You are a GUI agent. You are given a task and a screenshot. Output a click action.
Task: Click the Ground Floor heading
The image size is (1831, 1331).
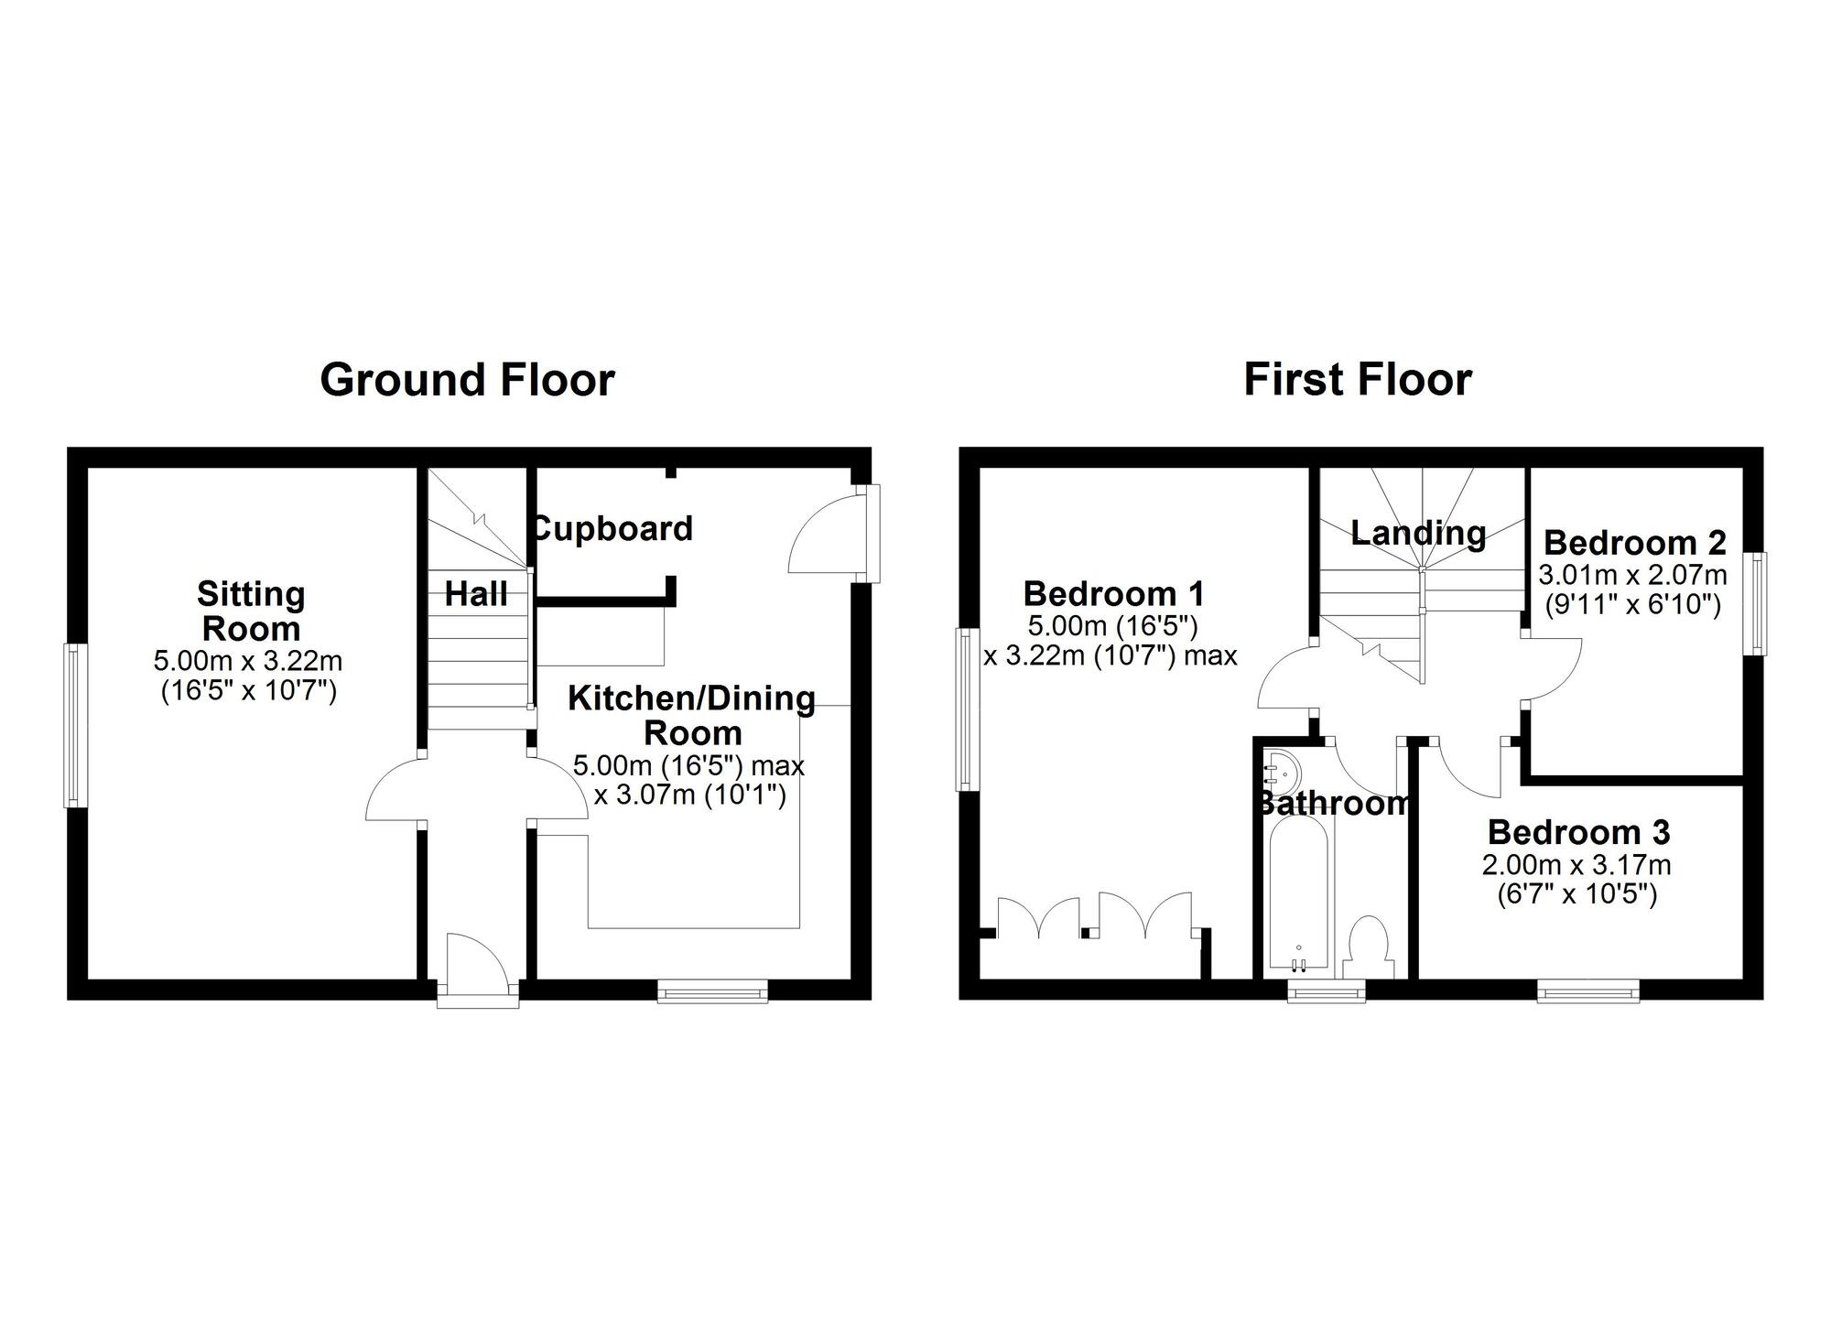pyautogui.click(x=467, y=380)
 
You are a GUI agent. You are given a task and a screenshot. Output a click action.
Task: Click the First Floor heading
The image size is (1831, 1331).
pyautogui.click(x=1357, y=380)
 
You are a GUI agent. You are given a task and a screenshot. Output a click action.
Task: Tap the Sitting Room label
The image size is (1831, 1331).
pyautogui.click(x=251, y=611)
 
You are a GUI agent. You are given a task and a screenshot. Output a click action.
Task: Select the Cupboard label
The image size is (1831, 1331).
pyautogui.click(x=612, y=529)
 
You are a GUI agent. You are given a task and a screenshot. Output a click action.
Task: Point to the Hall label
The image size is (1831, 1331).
pyautogui.click(x=476, y=594)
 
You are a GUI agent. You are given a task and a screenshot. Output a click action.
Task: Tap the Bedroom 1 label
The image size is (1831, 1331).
pyautogui.click(x=1113, y=594)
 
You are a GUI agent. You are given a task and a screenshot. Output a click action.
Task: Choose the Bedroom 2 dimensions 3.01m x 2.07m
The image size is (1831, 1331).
pyautogui.click(x=1633, y=576)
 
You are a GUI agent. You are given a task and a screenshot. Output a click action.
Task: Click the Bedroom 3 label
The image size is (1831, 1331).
pyautogui.click(x=1578, y=832)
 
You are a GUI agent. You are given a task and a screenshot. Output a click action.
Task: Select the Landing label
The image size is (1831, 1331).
pyautogui.click(x=1418, y=533)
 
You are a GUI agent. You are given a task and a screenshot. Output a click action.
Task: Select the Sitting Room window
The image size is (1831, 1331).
pyautogui.click(x=75, y=726)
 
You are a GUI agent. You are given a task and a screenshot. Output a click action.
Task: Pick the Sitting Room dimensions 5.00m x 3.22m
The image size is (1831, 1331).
pyautogui.click(x=248, y=660)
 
